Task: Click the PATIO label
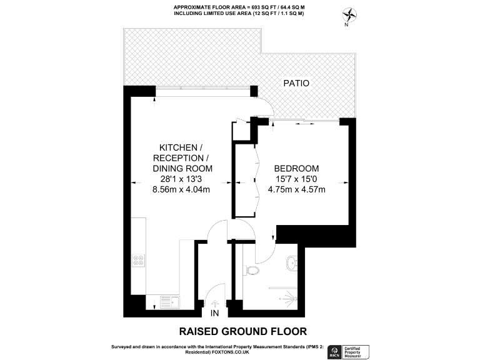click(x=295, y=82)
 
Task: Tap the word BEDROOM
click(x=297, y=169)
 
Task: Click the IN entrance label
click(x=215, y=312)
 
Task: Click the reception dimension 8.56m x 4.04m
click(x=182, y=191)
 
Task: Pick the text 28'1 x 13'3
click(x=183, y=179)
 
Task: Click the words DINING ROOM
click(x=183, y=169)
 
